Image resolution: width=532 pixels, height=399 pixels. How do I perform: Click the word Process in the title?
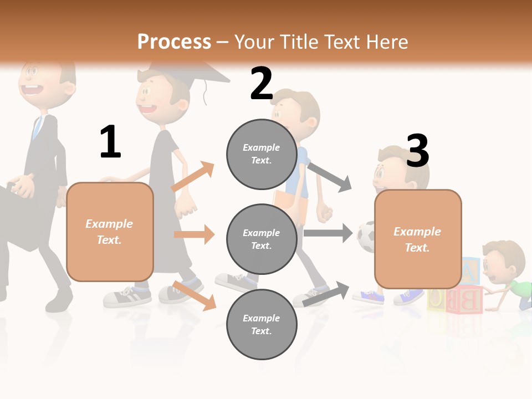174,42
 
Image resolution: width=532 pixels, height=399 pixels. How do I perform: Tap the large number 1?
110,142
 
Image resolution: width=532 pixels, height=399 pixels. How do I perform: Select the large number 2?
262,84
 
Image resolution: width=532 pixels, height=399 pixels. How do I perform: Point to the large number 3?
417,151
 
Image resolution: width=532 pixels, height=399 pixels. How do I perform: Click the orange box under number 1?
110,232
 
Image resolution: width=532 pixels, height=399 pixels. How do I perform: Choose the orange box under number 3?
418,239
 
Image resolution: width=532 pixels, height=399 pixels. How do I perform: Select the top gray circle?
262,154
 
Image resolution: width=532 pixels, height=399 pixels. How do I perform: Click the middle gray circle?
262,239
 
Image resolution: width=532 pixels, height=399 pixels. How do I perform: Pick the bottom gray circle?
262,324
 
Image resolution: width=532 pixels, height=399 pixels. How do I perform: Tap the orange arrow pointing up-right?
193,177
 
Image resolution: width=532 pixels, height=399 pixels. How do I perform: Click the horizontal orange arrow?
194,234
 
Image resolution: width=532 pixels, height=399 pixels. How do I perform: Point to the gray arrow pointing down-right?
329,177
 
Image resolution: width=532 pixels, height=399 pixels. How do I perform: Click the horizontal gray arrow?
328,233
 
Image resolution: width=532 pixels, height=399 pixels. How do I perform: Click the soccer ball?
366,237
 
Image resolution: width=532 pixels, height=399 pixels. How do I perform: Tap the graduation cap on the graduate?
188,70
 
